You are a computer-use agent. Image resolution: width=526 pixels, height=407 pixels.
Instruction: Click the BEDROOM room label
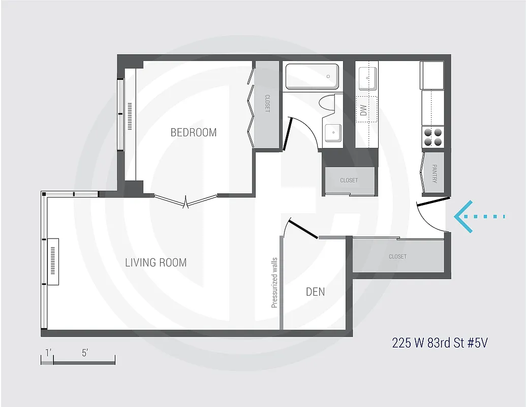pos(194,132)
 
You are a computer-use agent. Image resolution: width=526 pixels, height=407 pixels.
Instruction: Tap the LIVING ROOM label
pos(156,263)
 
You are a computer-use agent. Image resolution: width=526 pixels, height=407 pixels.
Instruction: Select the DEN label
pos(315,292)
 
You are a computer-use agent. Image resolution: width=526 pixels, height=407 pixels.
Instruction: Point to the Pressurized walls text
pos(274,282)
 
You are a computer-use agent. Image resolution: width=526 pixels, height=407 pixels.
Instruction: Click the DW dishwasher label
pos(363,110)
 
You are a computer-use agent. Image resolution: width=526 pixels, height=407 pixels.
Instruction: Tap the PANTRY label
pos(435,173)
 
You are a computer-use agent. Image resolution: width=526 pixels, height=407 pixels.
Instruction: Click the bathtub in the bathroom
pos(312,76)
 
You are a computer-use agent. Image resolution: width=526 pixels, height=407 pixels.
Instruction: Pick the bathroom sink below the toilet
pos(333,132)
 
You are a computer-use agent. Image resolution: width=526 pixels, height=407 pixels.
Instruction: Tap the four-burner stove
pos(433,137)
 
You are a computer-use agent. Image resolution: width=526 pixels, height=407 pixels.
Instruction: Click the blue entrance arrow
pos(478,217)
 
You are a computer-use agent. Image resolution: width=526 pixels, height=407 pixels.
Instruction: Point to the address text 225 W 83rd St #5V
pos(440,342)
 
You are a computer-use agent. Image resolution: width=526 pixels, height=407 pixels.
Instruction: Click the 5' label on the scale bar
pos(85,353)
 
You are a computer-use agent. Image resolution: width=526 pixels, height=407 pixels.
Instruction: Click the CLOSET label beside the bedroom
pos(267,104)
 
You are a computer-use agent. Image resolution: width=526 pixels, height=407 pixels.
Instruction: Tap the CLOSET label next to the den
pos(397,257)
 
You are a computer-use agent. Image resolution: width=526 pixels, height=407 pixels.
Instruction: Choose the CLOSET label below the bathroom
pos(349,181)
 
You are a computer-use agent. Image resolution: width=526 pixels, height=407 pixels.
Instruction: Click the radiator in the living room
pos(53,262)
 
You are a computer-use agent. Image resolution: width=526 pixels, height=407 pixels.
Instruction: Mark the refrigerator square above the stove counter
pos(432,76)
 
